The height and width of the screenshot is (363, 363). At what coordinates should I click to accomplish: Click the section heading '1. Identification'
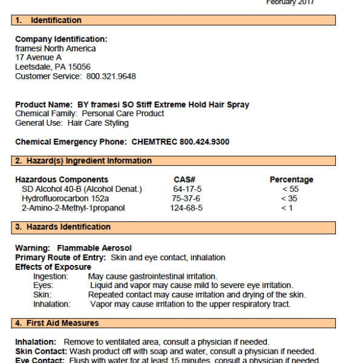[48, 21]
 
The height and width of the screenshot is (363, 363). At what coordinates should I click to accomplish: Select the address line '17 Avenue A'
[38, 57]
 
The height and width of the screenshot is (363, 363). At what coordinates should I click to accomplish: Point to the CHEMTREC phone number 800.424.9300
[204, 142]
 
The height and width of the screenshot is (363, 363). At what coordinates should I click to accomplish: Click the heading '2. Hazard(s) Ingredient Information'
[83, 161]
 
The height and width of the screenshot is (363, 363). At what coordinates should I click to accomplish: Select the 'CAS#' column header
[185, 180]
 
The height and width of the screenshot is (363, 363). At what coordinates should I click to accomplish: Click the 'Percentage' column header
[291, 180]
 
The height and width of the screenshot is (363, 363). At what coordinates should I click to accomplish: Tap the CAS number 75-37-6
[186, 198]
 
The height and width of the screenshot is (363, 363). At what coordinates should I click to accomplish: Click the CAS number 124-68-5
[186, 208]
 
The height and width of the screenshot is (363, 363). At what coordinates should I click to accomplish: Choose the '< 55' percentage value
[290, 189]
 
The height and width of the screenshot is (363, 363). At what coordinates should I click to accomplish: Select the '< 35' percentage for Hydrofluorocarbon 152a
[290, 198]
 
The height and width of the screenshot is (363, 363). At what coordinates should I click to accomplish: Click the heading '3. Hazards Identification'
[63, 227]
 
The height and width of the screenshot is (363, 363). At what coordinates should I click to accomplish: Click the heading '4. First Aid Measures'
[57, 323]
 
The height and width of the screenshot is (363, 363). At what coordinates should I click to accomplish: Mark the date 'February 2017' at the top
[290, 2]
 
